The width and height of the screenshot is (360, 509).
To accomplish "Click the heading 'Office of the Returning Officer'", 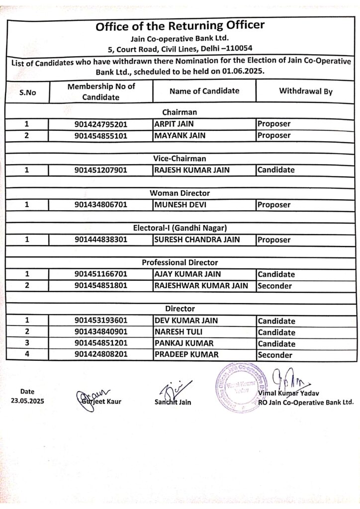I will (x=180, y=26).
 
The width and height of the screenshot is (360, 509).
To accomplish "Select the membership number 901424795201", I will (x=101, y=124).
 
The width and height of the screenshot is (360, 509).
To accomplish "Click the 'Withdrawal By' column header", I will (x=305, y=91).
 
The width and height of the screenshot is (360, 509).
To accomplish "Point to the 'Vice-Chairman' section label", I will (x=180, y=158).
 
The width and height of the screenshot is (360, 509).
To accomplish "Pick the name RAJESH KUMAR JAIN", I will (x=192, y=170).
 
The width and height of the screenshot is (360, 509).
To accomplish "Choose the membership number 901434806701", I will (x=101, y=205).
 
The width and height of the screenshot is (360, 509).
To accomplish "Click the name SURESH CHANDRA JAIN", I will (x=197, y=240).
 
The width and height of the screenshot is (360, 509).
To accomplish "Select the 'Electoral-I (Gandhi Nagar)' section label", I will (x=180, y=228).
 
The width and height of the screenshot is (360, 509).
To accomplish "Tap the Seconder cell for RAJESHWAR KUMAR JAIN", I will (x=274, y=286).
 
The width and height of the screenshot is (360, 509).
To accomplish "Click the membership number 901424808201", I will (x=101, y=355).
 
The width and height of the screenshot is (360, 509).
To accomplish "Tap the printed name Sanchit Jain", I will (x=173, y=402).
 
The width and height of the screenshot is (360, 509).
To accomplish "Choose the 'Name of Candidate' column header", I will (x=204, y=91).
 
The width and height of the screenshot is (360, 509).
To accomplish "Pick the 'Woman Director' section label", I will (x=180, y=193).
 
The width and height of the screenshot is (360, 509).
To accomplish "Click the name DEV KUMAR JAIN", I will (x=186, y=321).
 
